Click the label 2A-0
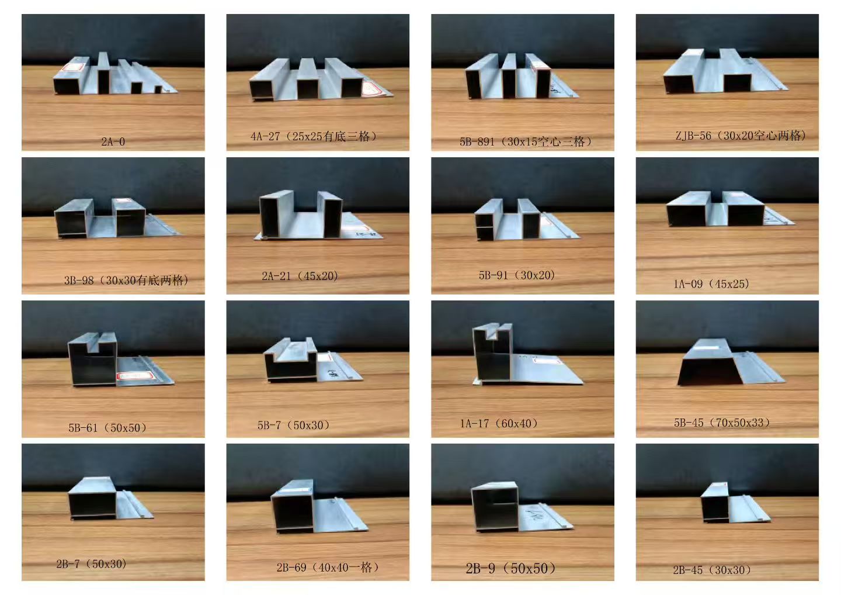(113, 141)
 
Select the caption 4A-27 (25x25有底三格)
(314, 136)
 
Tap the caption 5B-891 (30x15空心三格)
(526, 141)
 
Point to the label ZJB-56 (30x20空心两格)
(741, 136)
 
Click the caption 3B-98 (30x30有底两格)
(126, 280)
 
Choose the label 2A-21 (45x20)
(300, 276)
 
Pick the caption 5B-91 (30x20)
(517, 275)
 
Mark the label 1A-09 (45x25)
(711, 284)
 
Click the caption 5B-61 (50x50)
(107, 428)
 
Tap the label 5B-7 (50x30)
(294, 426)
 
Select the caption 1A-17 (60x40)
(499, 424)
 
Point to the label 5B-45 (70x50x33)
(722, 423)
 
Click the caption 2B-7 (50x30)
(91, 564)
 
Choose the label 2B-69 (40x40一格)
(328, 567)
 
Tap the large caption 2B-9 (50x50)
(510, 568)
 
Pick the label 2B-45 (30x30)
(712, 570)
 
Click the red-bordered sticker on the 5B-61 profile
(135, 376)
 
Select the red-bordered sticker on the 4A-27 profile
(373, 89)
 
